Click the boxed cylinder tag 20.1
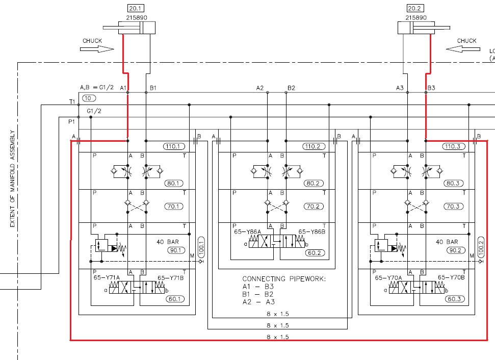(x=136, y=8)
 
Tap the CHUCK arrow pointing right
(x=97, y=49)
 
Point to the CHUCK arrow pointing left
(x=463, y=49)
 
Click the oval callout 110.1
(x=174, y=146)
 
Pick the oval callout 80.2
(x=314, y=184)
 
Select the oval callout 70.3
(x=453, y=207)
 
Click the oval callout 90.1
(x=176, y=250)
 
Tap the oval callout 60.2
(x=315, y=253)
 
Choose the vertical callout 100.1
(x=201, y=247)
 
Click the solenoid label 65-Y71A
(x=107, y=277)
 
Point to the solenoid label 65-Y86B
(x=312, y=232)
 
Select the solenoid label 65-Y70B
(x=451, y=277)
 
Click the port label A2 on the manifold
(x=260, y=88)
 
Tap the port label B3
(x=431, y=88)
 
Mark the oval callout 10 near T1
(x=88, y=98)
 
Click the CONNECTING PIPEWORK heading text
(x=284, y=279)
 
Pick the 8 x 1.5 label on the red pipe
(x=278, y=337)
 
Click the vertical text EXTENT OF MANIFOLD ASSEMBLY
(x=12, y=178)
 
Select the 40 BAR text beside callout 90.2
(x=447, y=242)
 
